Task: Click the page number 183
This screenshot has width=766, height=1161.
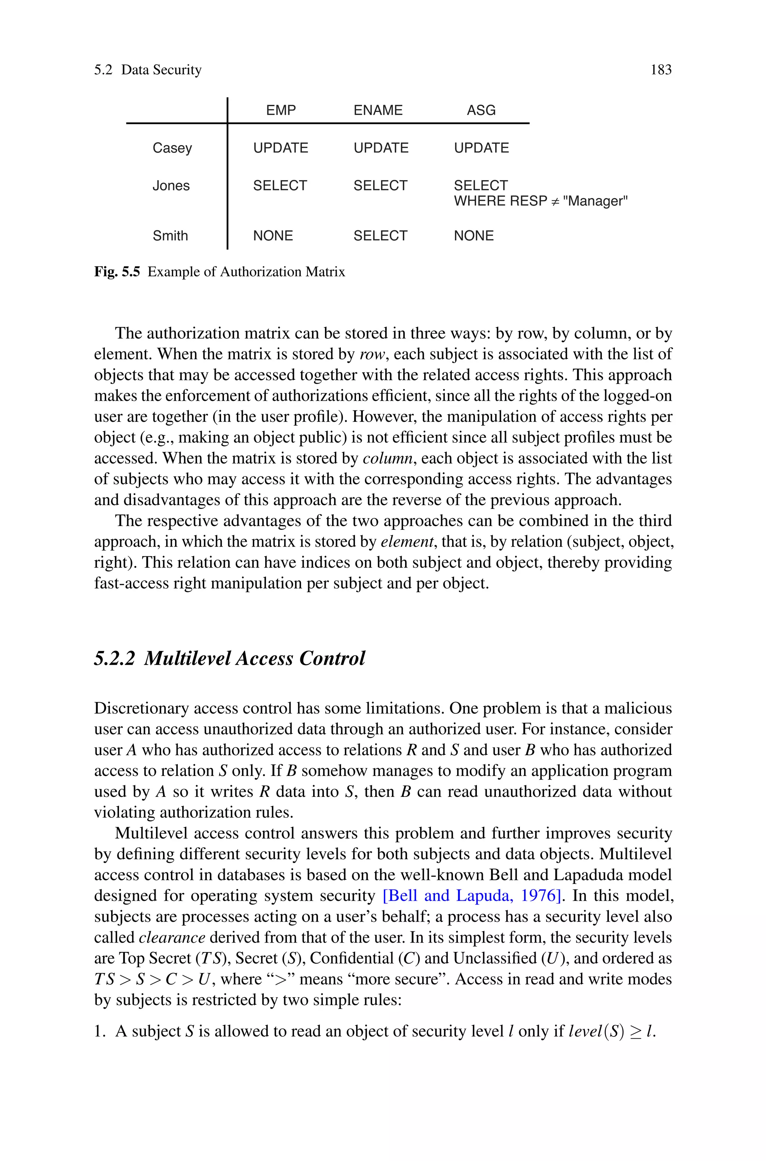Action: point(661,70)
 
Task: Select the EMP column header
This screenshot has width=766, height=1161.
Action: point(281,110)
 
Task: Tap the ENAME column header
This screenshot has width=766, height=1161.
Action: point(378,110)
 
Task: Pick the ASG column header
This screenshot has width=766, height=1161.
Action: point(481,110)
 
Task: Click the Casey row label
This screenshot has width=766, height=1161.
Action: point(172,148)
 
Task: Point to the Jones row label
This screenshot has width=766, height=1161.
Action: point(171,185)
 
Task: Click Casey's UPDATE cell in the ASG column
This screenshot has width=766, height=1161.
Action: point(481,148)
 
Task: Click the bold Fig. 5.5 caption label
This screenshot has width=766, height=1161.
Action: point(117,271)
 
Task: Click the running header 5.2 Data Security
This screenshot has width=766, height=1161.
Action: point(147,70)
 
